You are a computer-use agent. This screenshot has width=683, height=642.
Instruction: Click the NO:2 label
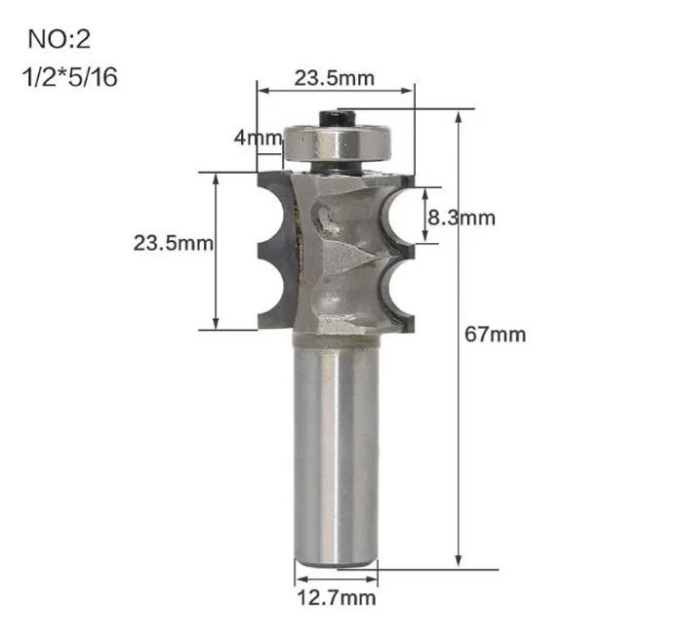click(x=60, y=39)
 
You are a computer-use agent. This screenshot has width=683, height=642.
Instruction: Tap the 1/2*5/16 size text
click(x=69, y=77)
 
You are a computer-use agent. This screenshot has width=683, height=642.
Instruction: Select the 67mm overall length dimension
click(x=496, y=335)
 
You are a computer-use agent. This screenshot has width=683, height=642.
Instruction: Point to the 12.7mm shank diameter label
click(x=337, y=597)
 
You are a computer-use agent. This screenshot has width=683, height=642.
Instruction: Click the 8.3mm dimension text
click(x=462, y=218)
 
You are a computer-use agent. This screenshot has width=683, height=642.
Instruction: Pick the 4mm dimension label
click(x=258, y=138)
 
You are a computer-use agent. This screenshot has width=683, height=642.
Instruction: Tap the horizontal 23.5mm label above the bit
click(x=335, y=78)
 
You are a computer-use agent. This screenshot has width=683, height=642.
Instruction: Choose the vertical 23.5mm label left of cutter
click(x=174, y=243)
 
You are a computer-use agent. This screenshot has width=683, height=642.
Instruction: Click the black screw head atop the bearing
click(x=336, y=118)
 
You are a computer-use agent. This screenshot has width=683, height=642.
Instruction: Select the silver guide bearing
click(x=338, y=142)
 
